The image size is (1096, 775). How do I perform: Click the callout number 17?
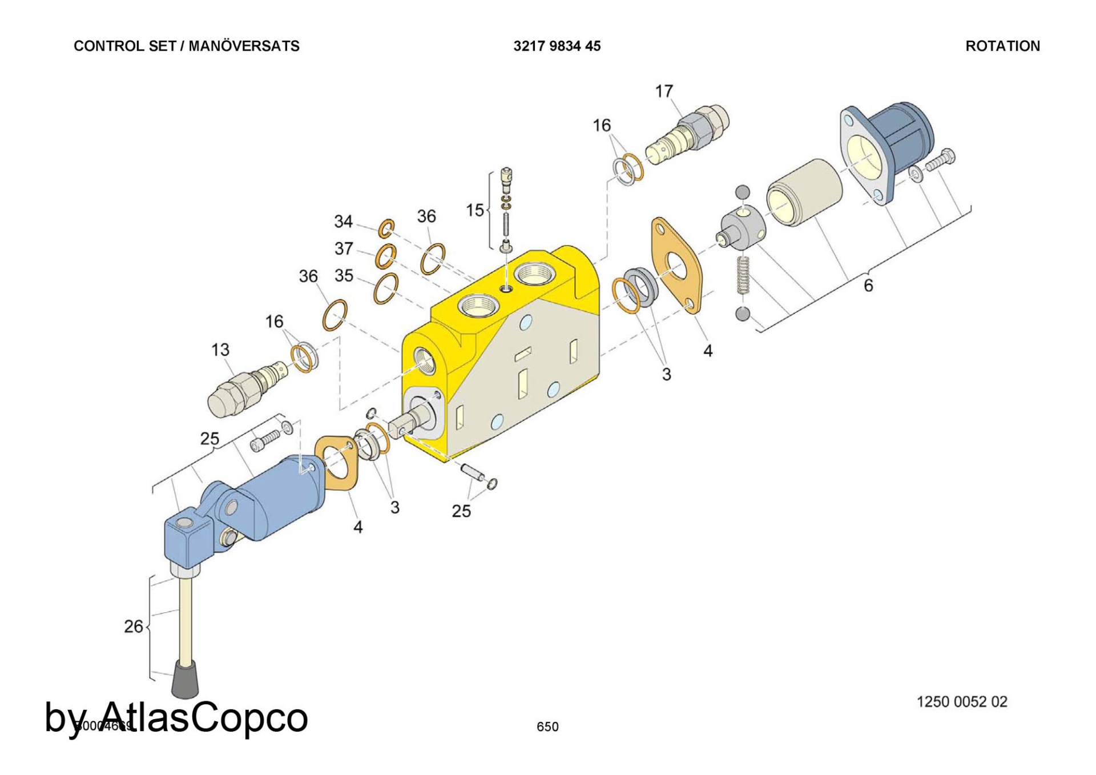pyautogui.click(x=663, y=91)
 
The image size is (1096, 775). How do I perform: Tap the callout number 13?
pyautogui.click(x=220, y=350)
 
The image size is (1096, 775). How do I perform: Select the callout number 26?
pyautogui.click(x=134, y=627)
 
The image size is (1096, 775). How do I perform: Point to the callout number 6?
pyautogui.click(x=868, y=286)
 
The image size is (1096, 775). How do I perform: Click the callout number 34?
pyautogui.click(x=343, y=222)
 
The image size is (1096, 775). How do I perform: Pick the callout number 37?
pyautogui.click(x=343, y=248)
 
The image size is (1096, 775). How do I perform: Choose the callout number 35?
pyautogui.click(x=344, y=276)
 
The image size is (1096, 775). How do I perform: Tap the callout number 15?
pyautogui.click(x=474, y=210)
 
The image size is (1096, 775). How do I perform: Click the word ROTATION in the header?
pyautogui.click(x=1002, y=46)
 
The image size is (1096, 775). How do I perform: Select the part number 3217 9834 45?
pyautogui.click(x=557, y=46)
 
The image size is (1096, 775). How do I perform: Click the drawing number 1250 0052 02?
pyautogui.click(x=962, y=702)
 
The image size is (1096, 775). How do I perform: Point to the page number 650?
pyautogui.click(x=547, y=726)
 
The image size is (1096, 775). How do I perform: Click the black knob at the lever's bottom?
pyautogui.click(x=185, y=680)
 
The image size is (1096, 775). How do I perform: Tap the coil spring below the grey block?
pyautogui.click(x=743, y=275)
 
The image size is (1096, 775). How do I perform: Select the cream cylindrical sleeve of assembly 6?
pyautogui.click(x=804, y=192)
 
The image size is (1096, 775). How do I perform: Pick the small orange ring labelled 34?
pyautogui.click(x=386, y=228)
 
